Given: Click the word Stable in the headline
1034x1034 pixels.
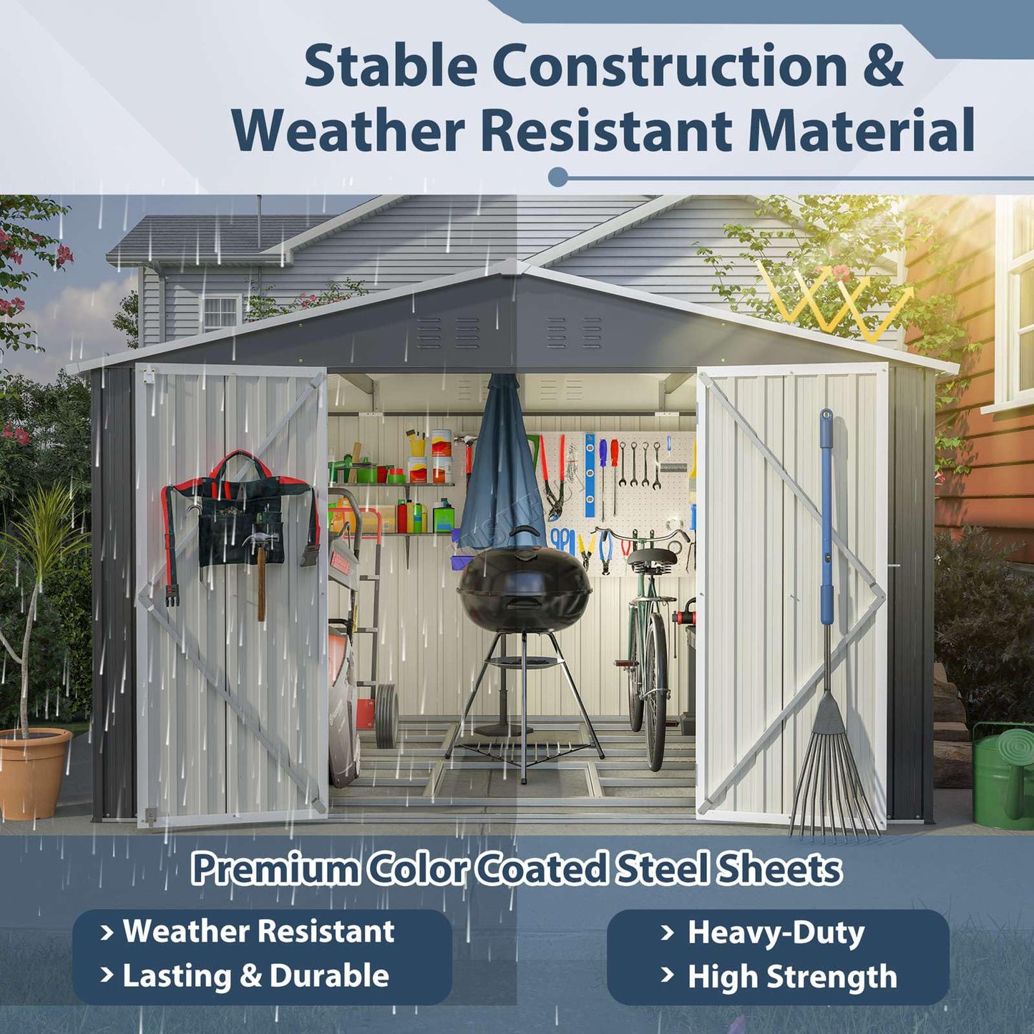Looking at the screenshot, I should pos(391,66).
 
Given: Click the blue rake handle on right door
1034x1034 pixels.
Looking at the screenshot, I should pos(826,515).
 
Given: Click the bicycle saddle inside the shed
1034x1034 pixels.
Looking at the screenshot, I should pos(650,557).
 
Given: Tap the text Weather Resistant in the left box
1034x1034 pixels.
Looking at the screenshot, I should pos(258,931).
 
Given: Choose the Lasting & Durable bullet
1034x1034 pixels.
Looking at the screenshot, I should pos(255,975).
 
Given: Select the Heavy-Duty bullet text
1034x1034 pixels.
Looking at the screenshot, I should pos(776,932).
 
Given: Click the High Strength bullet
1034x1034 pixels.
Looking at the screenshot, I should pos(791,977).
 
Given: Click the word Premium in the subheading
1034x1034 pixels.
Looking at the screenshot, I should pos(275,869).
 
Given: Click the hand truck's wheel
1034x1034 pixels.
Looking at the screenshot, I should pos(386,716).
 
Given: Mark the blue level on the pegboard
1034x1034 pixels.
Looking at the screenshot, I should pos(590,475).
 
